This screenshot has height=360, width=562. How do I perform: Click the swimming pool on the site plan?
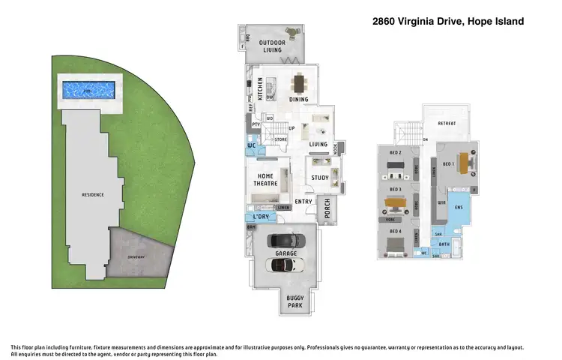tap(88, 90)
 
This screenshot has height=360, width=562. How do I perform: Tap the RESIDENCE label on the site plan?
tap(93, 195)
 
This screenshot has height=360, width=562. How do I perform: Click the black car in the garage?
tap(286, 241)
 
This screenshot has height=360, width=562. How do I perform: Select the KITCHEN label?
tap(260, 89)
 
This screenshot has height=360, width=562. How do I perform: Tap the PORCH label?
tap(327, 211)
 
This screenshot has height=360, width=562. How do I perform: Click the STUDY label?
tap(320, 178)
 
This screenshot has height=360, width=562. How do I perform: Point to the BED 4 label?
tap(395, 232)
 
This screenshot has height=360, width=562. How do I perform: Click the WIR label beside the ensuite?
tap(441, 202)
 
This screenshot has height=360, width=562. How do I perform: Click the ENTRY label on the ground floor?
tap(303, 201)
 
